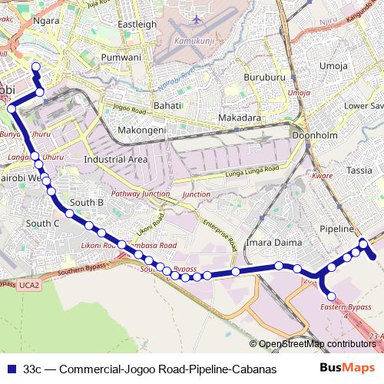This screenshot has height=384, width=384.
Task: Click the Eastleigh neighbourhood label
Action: (137, 25)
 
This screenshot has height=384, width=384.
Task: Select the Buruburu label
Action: (264, 78)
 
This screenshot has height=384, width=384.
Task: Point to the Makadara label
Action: (239, 118)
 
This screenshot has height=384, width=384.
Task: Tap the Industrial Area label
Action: (116, 159)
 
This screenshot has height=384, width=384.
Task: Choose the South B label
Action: (87, 203)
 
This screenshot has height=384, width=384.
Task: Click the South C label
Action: (43, 223)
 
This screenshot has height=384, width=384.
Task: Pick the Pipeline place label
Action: (336, 229)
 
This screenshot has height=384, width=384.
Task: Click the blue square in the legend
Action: (11, 369)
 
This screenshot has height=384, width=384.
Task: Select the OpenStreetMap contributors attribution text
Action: (316, 343)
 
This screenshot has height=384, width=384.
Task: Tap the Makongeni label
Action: (142, 131)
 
